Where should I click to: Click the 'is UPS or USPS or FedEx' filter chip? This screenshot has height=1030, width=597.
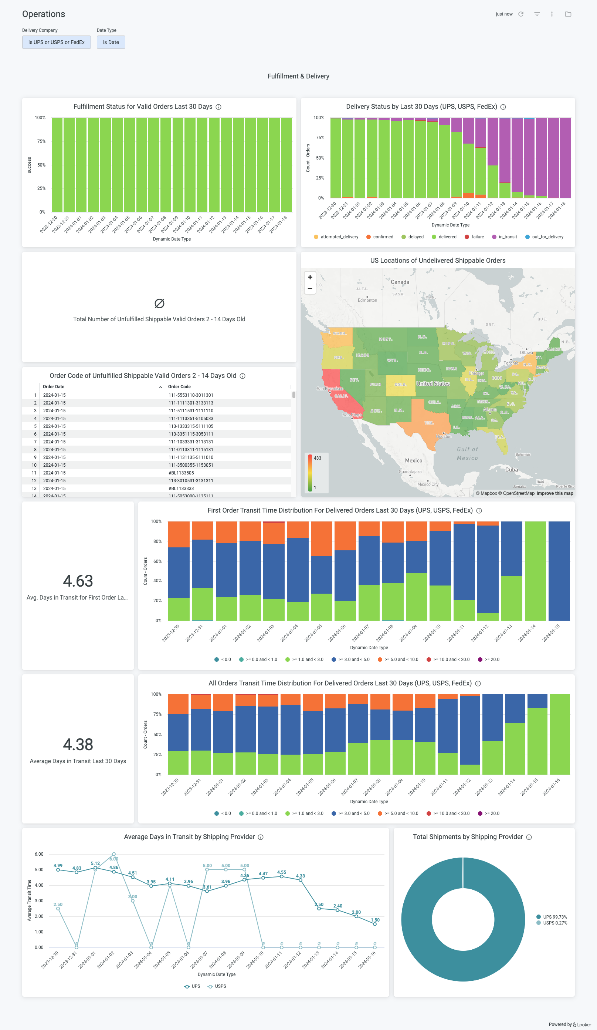(56, 42)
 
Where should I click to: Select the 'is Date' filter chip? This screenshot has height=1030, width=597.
(111, 42)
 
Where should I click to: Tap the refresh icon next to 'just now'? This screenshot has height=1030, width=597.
(520, 14)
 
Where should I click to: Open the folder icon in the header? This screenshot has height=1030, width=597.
(567, 14)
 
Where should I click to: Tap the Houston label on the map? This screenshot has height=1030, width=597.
(444, 436)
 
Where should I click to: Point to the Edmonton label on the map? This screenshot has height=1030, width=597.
(367, 300)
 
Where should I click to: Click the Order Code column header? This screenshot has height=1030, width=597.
(179, 387)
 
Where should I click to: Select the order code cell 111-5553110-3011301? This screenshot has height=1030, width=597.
(191, 395)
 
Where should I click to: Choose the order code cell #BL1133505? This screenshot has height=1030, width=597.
(181, 473)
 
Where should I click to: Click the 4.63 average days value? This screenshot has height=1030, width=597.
(78, 581)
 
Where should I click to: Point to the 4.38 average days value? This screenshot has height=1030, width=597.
(78, 744)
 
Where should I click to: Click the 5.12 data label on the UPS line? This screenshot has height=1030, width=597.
(95, 863)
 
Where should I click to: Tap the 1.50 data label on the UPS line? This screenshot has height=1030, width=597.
(375, 920)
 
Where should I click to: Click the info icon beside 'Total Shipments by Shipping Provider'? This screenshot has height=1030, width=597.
(529, 837)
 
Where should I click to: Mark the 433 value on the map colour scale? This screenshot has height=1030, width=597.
(317, 458)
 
